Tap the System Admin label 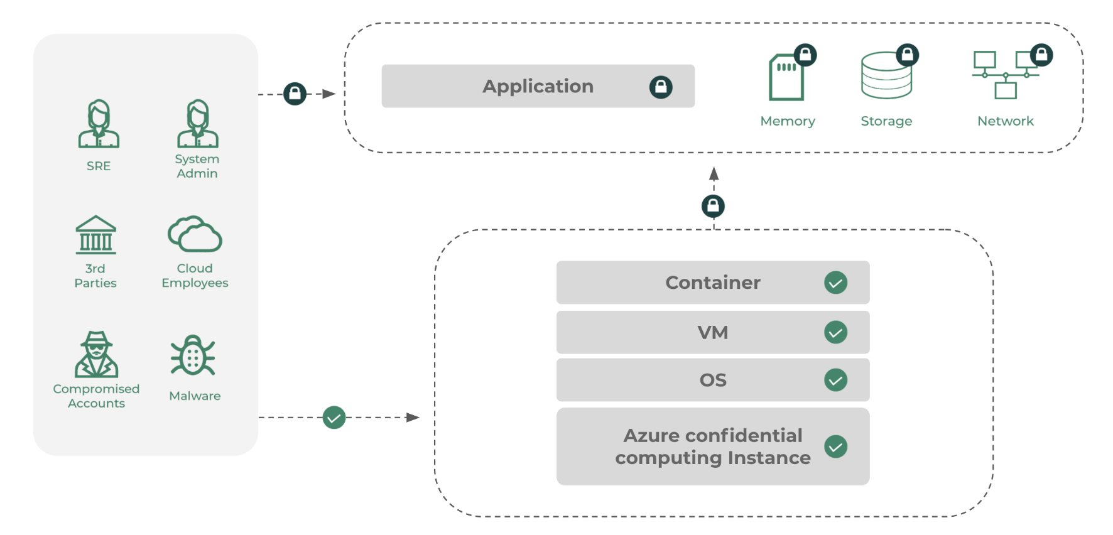pyautogui.click(x=197, y=166)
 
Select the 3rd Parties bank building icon pyautogui.click(x=96, y=235)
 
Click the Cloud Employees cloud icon pyautogui.click(x=195, y=235)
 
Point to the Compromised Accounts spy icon pyautogui.click(x=96, y=354)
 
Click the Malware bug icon pyautogui.click(x=193, y=355)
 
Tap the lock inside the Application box pyautogui.click(x=661, y=87)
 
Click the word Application pyautogui.click(x=538, y=86)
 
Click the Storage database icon pyautogui.click(x=886, y=77)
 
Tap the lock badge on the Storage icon pyautogui.click(x=907, y=55)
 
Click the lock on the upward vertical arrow pyautogui.click(x=713, y=206)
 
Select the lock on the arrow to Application pyautogui.click(x=295, y=94)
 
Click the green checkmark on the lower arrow pyautogui.click(x=334, y=418)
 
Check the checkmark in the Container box pyautogui.click(x=835, y=283)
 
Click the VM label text pyautogui.click(x=713, y=332)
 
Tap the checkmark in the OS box pyautogui.click(x=835, y=380)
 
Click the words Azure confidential pyautogui.click(x=713, y=435)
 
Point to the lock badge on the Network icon pyautogui.click(x=1041, y=55)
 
